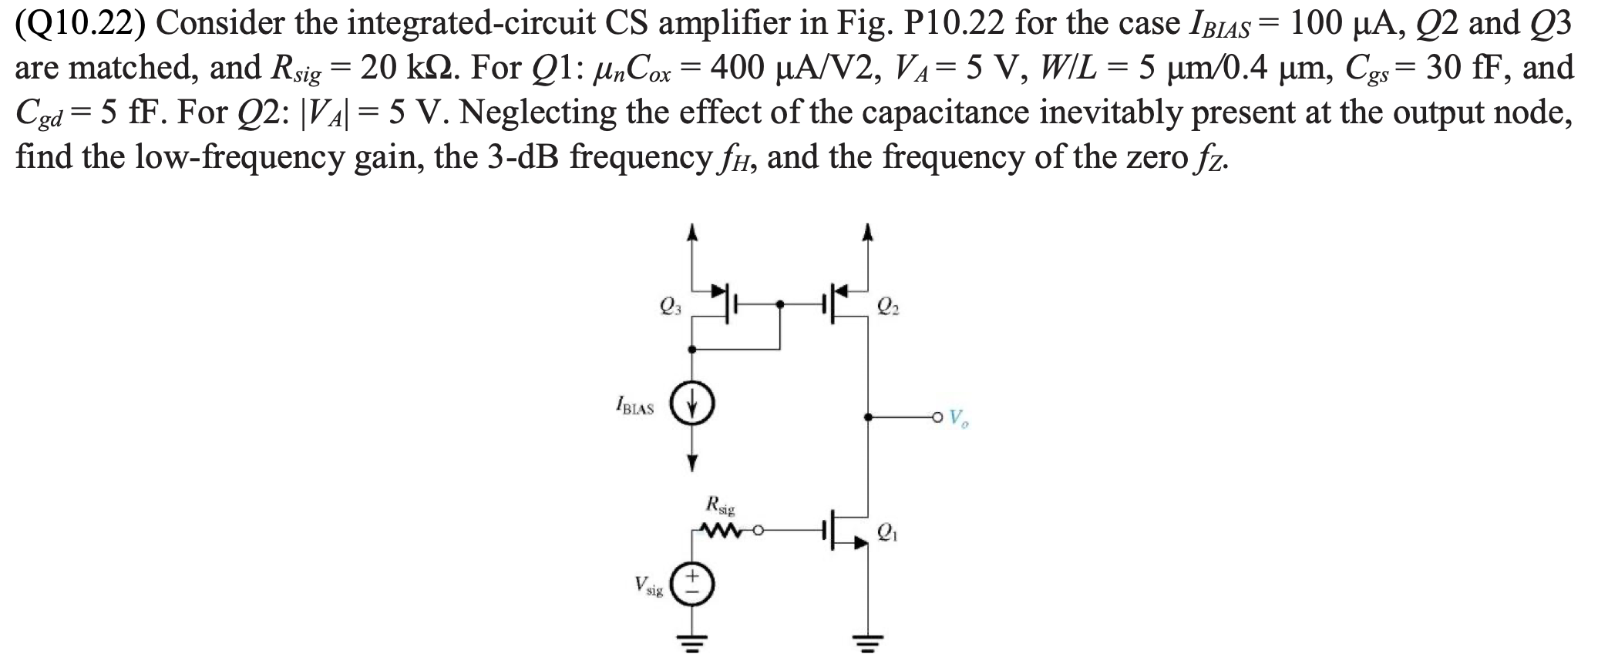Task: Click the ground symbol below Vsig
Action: pyautogui.click(x=691, y=641)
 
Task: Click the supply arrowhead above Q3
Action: pyautogui.click(x=692, y=230)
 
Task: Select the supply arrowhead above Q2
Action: pyautogui.click(x=869, y=230)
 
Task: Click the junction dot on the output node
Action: pyautogui.click(x=869, y=418)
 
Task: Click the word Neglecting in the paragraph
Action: pyautogui.click(x=540, y=113)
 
